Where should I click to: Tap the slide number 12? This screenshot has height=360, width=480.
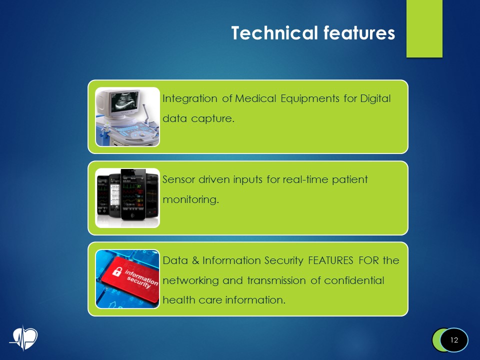(x=454, y=340)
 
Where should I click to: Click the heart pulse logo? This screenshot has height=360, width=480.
(x=23, y=338)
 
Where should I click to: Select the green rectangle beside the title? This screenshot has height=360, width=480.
(x=424, y=28)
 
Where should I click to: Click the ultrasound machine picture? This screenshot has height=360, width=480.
(x=127, y=117)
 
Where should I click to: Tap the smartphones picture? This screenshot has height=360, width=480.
(x=127, y=198)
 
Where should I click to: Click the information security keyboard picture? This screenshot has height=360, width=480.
(x=127, y=279)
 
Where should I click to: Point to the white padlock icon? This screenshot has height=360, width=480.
(x=117, y=271)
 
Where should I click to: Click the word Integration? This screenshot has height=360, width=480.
(x=190, y=99)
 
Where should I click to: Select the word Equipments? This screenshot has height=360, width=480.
(x=310, y=99)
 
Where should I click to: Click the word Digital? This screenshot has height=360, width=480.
(x=375, y=99)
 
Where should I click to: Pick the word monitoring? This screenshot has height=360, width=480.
(x=190, y=200)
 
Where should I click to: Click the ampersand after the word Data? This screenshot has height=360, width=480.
(x=195, y=260)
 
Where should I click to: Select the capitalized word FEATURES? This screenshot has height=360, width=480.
(x=330, y=260)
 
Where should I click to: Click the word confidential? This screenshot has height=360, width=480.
(x=354, y=280)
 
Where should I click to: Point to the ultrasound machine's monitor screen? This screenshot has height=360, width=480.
(x=123, y=100)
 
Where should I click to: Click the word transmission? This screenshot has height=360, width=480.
(x=276, y=280)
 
